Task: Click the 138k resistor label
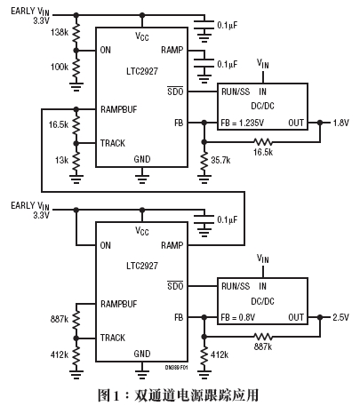pyautogui.click(x=60, y=32)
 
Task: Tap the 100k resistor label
pyautogui.click(x=60, y=67)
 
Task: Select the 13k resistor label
pyautogui.click(x=61, y=160)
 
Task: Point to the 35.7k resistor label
pyautogui.click(x=220, y=160)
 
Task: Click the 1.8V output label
pyautogui.click(x=341, y=123)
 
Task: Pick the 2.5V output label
pyautogui.click(x=340, y=317)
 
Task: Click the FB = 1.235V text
pyautogui.click(x=243, y=123)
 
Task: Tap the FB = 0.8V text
pyautogui.click(x=238, y=317)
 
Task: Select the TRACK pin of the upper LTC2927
pyautogui.click(x=113, y=143)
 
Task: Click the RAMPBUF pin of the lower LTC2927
pyautogui.click(x=119, y=304)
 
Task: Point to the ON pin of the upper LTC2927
pyautogui.click(x=106, y=50)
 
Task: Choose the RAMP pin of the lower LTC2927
pyautogui.click(x=172, y=245)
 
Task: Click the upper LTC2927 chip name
pyautogui.click(x=142, y=71)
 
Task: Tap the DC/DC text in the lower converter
pyautogui.click(x=262, y=301)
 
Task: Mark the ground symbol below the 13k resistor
pyautogui.click(x=76, y=179)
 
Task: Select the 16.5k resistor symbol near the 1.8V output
pyautogui.click(x=262, y=142)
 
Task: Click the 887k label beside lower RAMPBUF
pyautogui.click(x=60, y=319)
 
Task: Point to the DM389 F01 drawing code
pyautogui.click(x=176, y=368)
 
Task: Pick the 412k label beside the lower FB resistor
pyautogui.click(x=220, y=354)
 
